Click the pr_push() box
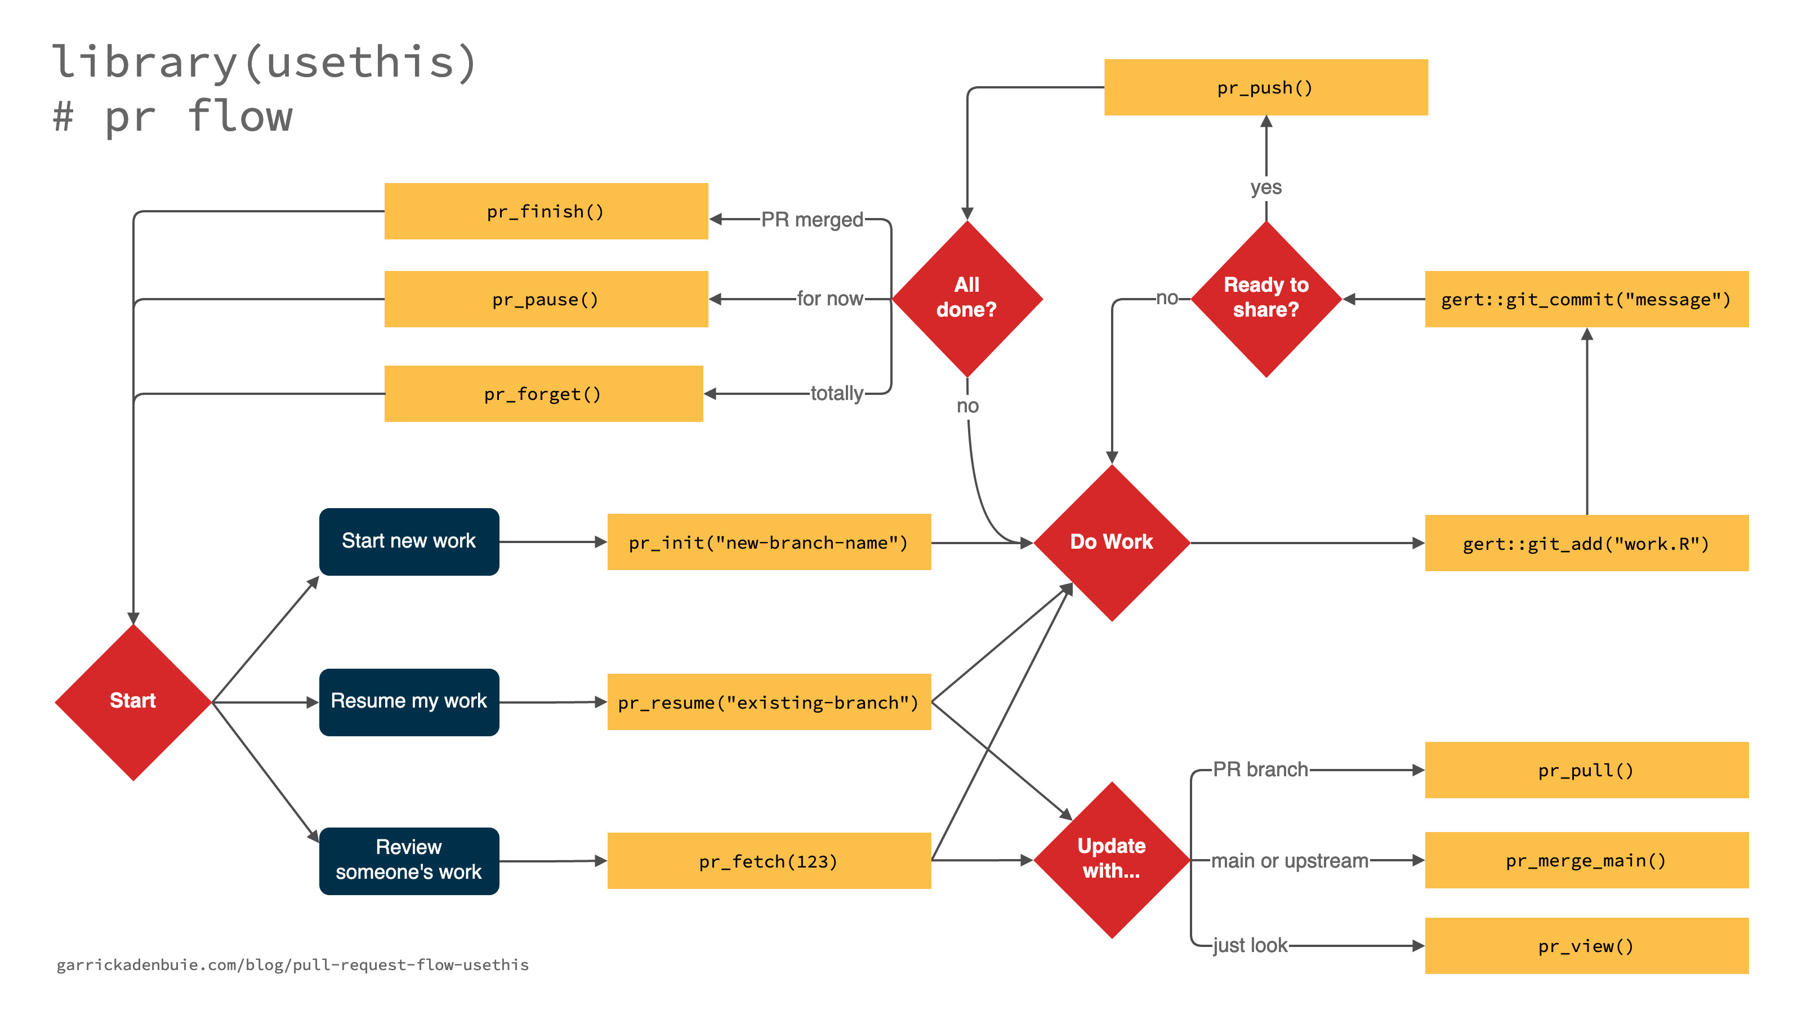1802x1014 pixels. pos(1265,87)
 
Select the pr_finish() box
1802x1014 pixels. pos(546,211)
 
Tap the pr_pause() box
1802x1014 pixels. pos(546,300)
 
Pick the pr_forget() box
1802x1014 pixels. pos(543,394)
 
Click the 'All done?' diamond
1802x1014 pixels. pos(967,298)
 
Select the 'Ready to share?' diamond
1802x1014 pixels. pos(1265,298)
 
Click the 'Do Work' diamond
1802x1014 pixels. pos(1111,542)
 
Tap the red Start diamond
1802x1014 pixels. pos(133,701)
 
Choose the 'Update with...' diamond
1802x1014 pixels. pos(1111,859)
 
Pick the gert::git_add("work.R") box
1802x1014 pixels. pos(1586,543)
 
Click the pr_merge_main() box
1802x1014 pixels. pos(1586,860)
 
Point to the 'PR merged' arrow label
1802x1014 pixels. pos(811,220)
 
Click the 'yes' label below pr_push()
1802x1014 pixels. pos(1265,188)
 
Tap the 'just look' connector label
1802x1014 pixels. pos(1250,945)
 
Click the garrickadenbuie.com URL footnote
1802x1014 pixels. pos(292,965)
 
